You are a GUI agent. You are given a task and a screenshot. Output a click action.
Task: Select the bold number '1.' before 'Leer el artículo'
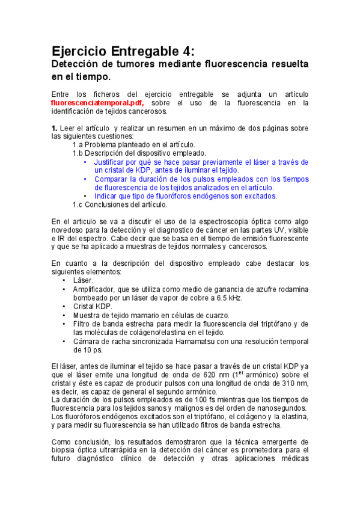pos(54,128)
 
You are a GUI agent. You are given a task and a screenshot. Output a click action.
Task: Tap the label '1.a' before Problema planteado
pos(78,145)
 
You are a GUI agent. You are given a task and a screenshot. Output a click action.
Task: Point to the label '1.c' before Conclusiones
pos(78,204)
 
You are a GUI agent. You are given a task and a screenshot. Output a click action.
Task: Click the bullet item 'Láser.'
pos(83,280)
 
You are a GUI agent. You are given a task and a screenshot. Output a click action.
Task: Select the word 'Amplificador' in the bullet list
pos(97,289)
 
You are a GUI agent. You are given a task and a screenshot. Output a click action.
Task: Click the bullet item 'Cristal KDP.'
pos(93,306)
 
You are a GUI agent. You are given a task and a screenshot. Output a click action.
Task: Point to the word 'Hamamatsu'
pos(191,341)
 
